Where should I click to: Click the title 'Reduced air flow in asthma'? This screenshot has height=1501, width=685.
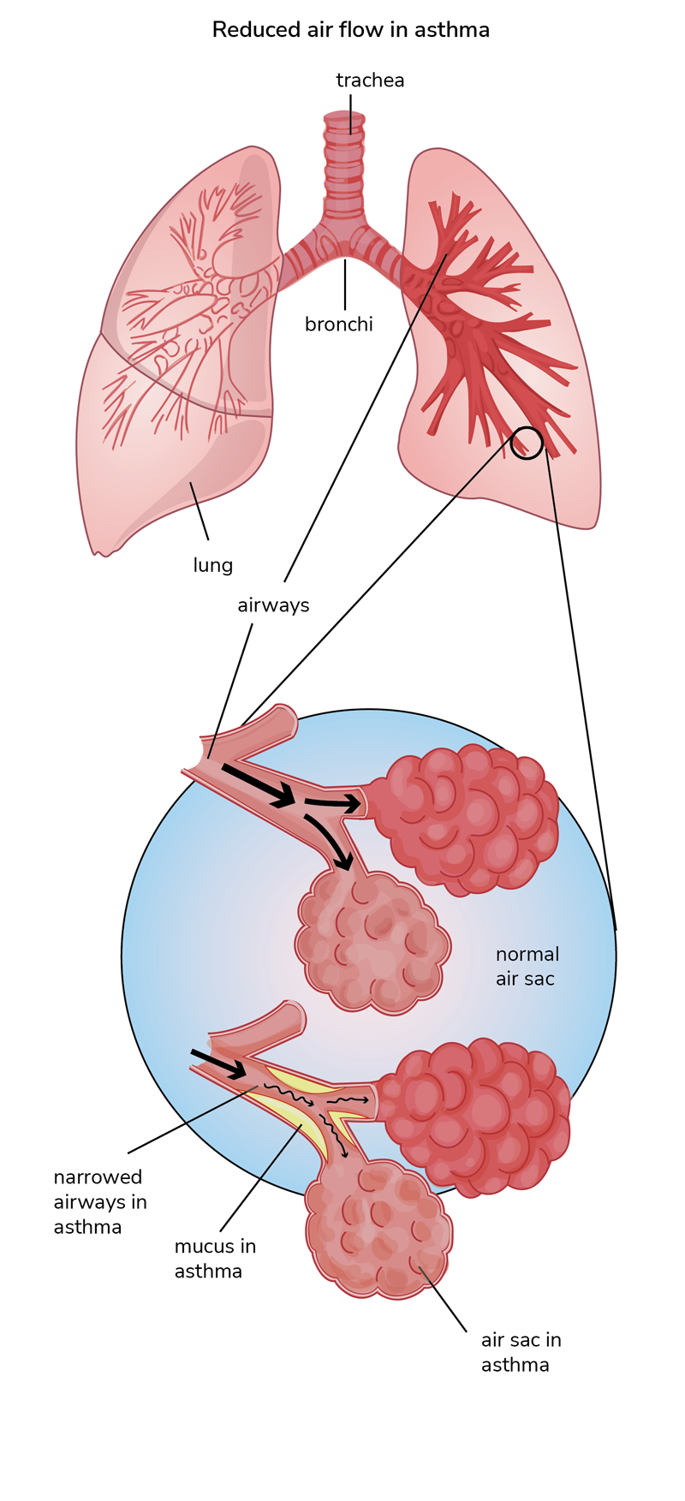click(x=350, y=30)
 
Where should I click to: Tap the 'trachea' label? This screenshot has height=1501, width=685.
click(x=370, y=80)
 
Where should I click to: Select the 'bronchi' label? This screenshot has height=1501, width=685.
click(x=339, y=325)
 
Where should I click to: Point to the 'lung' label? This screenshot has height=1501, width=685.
click(x=213, y=565)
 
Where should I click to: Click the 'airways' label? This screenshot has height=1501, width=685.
click(x=273, y=605)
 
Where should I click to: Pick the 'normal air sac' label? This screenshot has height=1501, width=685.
click(x=527, y=966)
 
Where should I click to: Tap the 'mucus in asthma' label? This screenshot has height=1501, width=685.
click(x=215, y=1259)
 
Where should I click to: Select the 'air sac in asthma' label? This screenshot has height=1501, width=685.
click(x=521, y=1352)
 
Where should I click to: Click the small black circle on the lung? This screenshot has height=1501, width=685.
click(x=527, y=443)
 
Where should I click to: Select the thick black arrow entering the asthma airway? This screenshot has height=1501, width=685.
click(x=217, y=1063)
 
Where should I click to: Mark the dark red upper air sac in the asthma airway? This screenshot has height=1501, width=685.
click(x=475, y=1113)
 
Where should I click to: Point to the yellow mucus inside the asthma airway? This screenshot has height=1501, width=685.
click(x=304, y=1122)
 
